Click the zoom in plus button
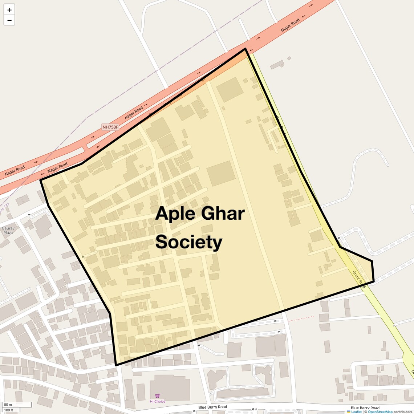click(9, 10)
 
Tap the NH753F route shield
click(110, 127)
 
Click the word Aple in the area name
click(175, 214)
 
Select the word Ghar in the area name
click(223, 214)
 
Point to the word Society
click(189, 242)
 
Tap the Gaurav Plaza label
click(8, 231)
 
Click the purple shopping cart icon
click(157, 396)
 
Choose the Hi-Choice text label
click(158, 401)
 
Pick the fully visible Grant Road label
click(358, 279)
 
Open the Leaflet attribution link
click(356, 412)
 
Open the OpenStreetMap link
click(380, 412)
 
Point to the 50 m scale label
click(8, 405)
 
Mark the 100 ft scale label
click(9, 410)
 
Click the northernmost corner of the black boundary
click(245, 49)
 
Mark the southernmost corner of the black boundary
click(116, 365)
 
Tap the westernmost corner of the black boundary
click(41, 180)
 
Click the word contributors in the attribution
click(403, 412)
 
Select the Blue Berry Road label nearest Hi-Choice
click(212, 407)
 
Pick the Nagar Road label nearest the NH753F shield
click(134, 113)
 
